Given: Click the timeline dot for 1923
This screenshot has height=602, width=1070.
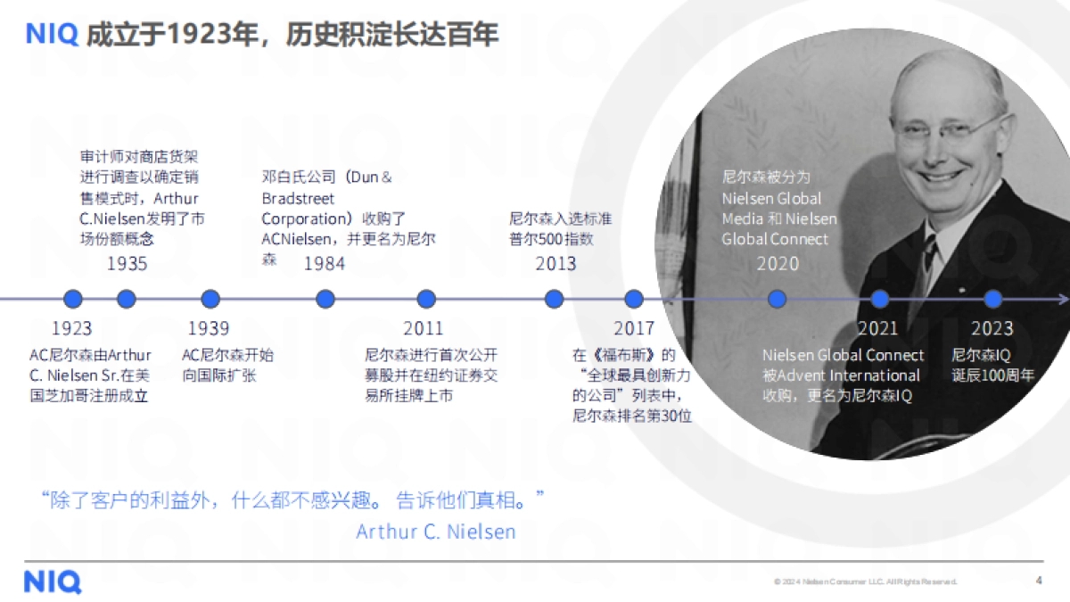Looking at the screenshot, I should click(x=73, y=300).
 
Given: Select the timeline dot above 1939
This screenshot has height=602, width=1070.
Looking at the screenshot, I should click(x=210, y=300).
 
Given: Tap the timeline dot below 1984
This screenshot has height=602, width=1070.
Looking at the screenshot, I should click(x=325, y=300).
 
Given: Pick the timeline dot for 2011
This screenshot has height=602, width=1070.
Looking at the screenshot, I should click(x=426, y=300).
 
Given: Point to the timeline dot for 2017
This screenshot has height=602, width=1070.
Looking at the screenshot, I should click(x=633, y=300).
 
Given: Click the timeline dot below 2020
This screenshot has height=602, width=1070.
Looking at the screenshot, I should click(x=778, y=300).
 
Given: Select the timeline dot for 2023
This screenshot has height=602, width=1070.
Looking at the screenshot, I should click(x=992, y=300).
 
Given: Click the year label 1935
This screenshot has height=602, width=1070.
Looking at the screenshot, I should click(x=127, y=264).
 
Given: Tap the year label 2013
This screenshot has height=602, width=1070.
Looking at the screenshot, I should click(x=556, y=264).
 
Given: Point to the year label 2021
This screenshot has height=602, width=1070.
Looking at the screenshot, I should click(x=877, y=328).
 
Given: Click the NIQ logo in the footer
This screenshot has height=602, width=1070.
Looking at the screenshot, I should click(x=53, y=582).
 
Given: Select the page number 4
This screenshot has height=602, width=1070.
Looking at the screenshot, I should click(x=1039, y=581).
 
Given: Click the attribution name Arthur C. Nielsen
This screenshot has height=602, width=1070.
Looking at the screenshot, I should click(x=435, y=532).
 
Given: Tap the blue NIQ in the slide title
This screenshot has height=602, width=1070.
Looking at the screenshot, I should click(x=53, y=35).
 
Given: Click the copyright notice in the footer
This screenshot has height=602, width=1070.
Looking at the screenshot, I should click(x=865, y=581).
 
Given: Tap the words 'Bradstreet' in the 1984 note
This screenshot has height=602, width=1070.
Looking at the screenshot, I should click(x=298, y=197).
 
